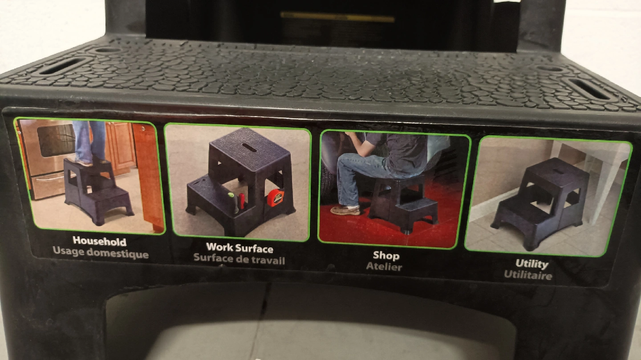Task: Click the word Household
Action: tap(100, 241)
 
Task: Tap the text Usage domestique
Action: tap(101, 252)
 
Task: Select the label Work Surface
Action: tap(239, 248)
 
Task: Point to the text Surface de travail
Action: tap(239, 259)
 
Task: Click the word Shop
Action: tap(386, 255)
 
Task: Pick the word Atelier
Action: tap(384, 267)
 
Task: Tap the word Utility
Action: tap(531, 264)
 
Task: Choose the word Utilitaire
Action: tap(528, 275)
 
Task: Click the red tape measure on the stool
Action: tap(275, 198)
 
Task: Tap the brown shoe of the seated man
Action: tap(345, 210)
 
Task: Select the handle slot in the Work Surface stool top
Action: tap(250, 148)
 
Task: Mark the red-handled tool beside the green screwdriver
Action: tap(242, 201)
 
